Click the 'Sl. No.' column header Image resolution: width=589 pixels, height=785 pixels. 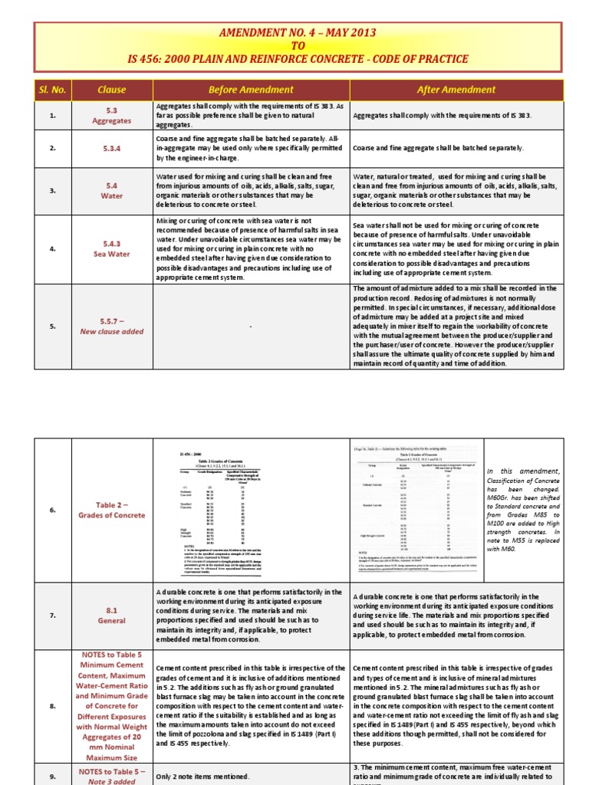coord(53,90)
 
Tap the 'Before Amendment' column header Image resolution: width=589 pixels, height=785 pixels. coord(250,90)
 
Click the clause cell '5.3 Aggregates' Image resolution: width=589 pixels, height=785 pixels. coord(112,116)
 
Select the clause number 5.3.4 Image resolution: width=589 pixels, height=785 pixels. coord(112,148)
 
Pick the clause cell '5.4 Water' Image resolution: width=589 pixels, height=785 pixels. coord(112,190)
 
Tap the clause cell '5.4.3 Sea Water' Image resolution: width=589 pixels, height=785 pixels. coord(112,249)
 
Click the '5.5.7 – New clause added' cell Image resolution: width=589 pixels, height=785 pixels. coord(112,326)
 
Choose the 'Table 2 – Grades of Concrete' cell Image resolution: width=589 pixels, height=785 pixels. coord(112,509)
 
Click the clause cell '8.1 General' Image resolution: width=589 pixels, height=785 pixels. coord(112,616)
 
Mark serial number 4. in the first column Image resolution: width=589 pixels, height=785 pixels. coord(53,249)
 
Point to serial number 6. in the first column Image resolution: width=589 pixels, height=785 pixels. coord(53,509)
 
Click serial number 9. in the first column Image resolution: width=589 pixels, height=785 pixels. coord(53,776)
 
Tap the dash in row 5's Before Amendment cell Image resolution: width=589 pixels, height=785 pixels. coord(250,327)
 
